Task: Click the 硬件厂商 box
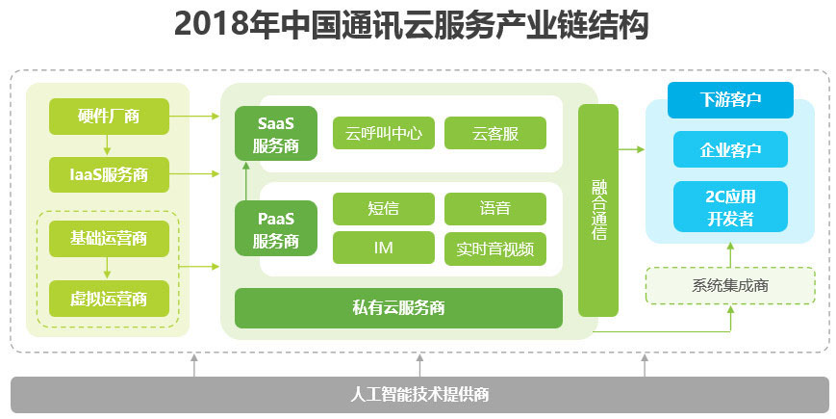[x=109, y=117]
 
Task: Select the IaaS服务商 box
[x=109, y=174]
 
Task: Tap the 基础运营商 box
[x=109, y=237]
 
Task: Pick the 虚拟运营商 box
[x=109, y=299]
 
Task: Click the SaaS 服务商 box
[x=276, y=135]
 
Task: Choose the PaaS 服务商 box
[x=276, y=228]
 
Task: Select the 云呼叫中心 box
[x=384, y=133]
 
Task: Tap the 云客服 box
[x=495, y=133]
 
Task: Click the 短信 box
[x=384, y=208]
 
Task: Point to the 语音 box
[x=495, y=208]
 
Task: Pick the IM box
[x=384, y=248]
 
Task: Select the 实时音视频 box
[x=495, y=248]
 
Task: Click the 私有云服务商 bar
[x=398, y=308]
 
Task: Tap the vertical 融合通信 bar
[x=597, y=210]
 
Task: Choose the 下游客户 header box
[x=730, y=99]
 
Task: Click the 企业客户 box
[x=730, y=150]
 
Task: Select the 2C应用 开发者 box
[x=730, y=207]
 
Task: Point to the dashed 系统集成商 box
[x=730, y=285]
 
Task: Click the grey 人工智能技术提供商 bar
[x=419, y=394]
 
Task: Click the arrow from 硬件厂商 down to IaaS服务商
[x=109, y=145]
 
